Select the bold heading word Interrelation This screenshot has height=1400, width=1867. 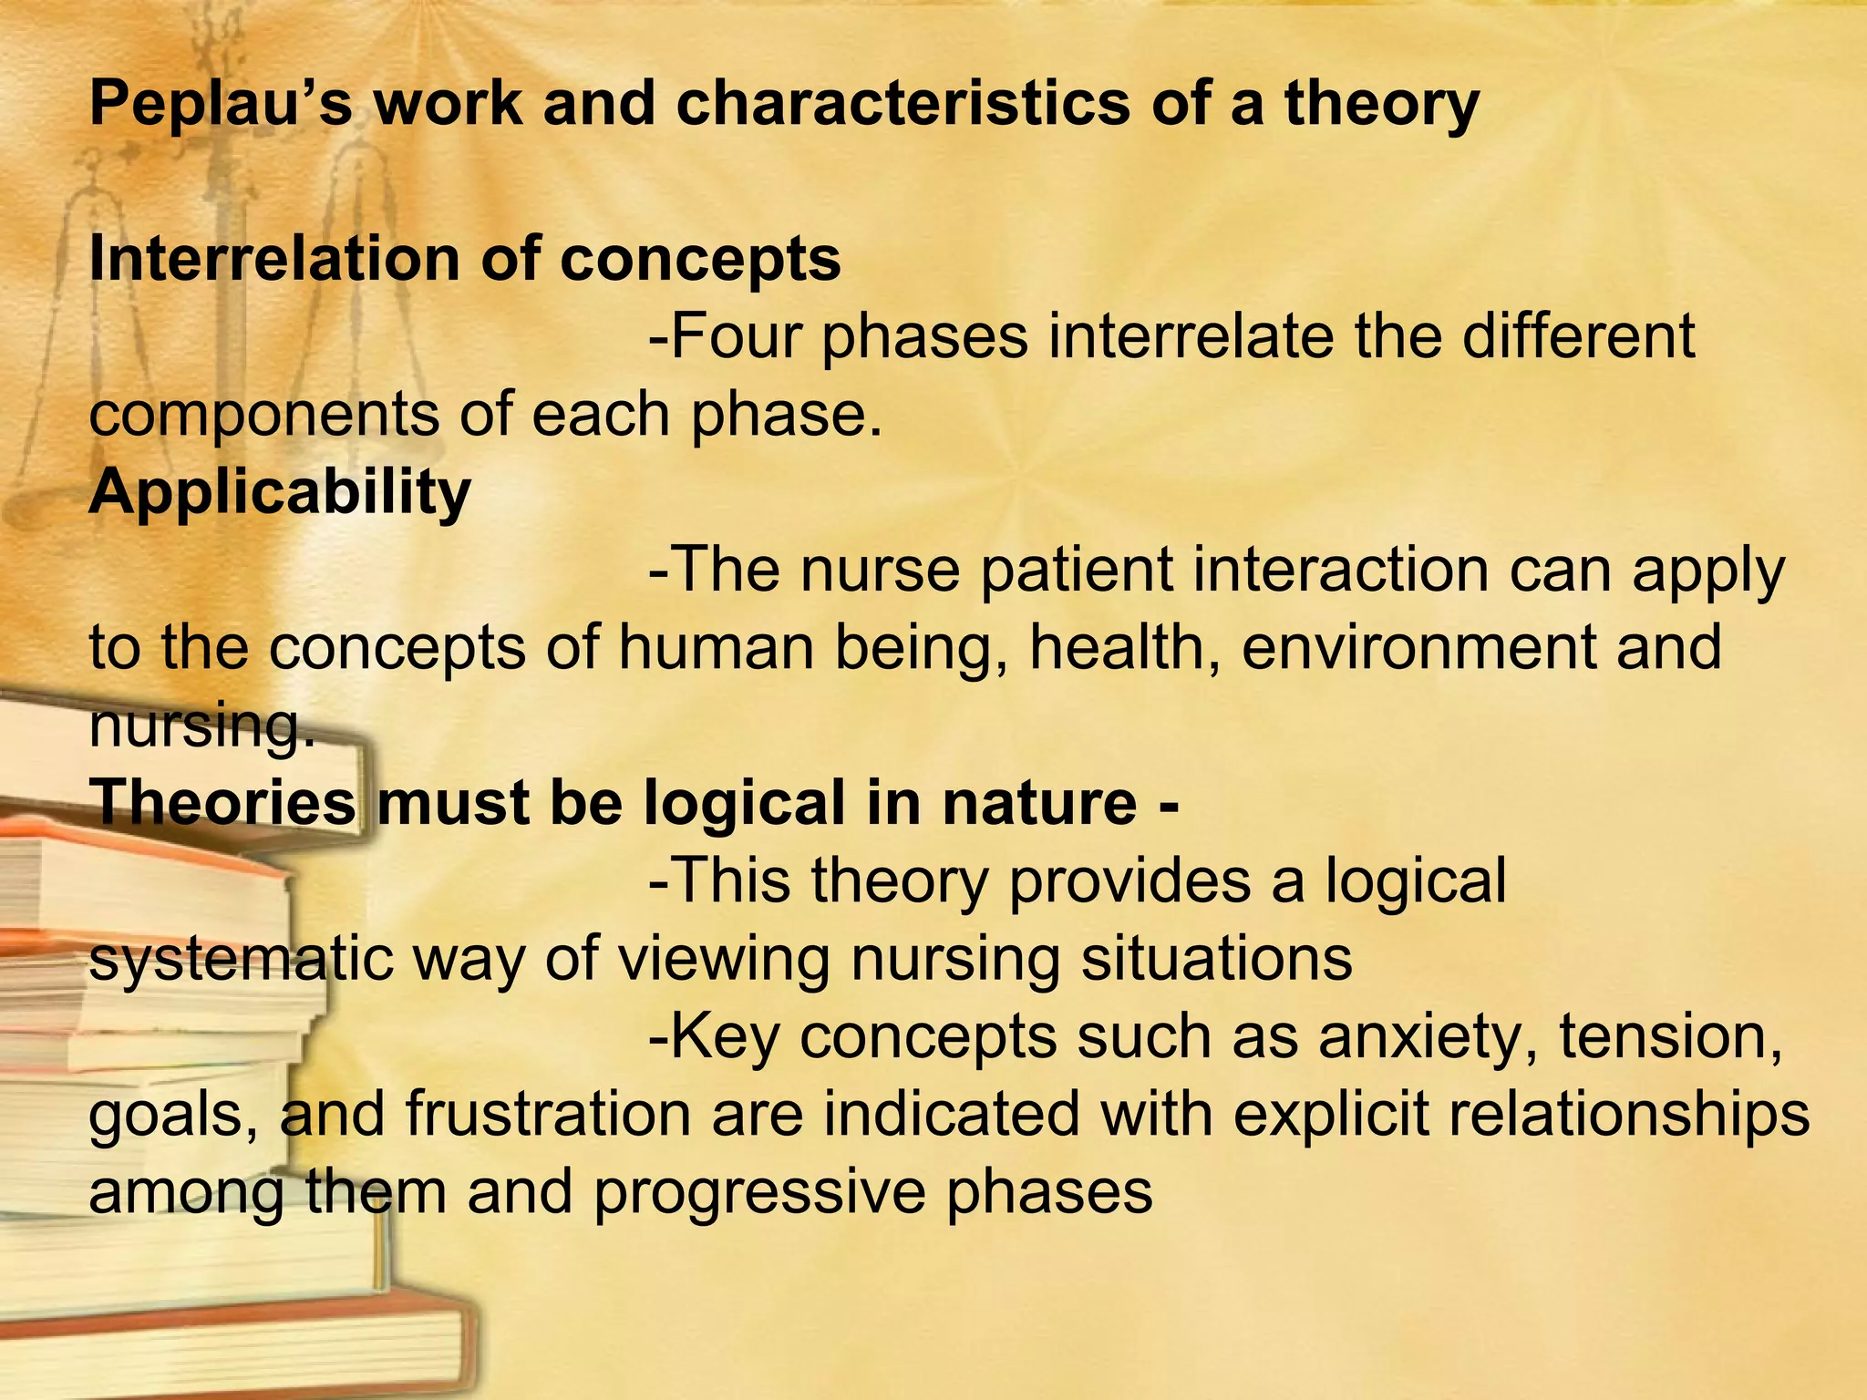click(273, 259)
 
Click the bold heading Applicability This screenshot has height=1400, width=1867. click(280, 493)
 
